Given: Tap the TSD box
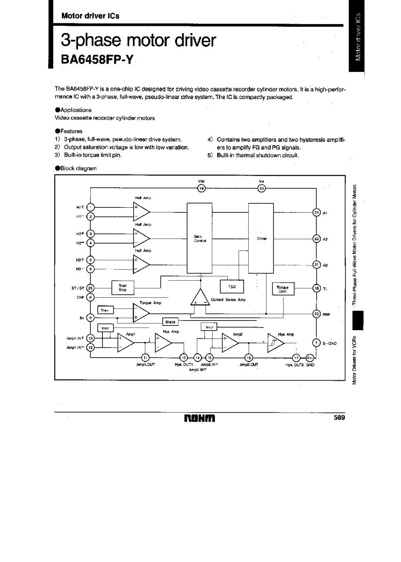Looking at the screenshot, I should pyautogui.click(x=232, y=287).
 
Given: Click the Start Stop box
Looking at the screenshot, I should pyautogui.click(x=122, y=288).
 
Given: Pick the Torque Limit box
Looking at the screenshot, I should pyautogui.click(x=283, y=289).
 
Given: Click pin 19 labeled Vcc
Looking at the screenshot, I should pyautogui.click(x=201, y=189).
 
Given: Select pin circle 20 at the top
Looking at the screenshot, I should pyautogui.click(x=262, y=189).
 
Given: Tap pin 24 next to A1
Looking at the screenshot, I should pyautogui.click(x=316, y=213).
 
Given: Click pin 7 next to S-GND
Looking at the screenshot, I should pyautogui.click(x=316, y=343).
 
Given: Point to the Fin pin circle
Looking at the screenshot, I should pyautogui.click(x=309, y=358).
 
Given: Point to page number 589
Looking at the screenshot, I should pyautogui.click(x=339, y=418).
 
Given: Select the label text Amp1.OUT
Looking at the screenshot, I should pyautogui.click(x=145, y=365).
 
